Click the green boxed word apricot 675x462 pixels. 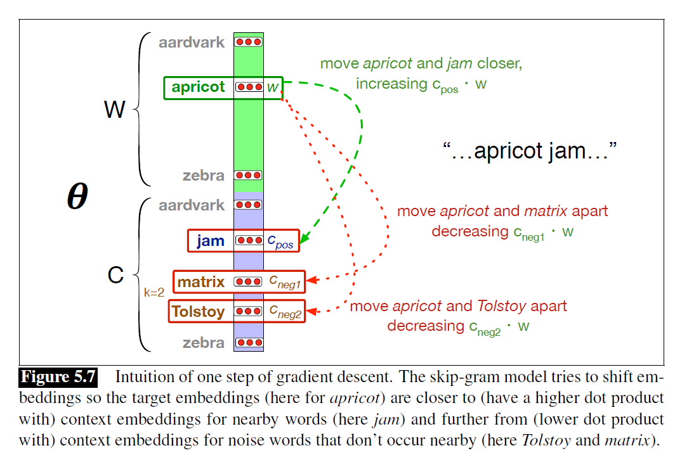point(199,87)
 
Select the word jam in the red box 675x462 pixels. point(210,241)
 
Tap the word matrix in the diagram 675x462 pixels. point(201,281)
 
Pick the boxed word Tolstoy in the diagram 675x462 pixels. point(198,311)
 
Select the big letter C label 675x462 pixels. point(115,276)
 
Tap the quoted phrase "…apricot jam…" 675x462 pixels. point(529,151)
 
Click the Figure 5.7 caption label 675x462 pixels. point(58,377)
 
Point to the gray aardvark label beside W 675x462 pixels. point(192,42)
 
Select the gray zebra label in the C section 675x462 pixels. point(204,343)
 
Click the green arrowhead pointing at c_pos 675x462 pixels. point(304,239)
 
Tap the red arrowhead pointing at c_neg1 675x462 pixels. point(312,279)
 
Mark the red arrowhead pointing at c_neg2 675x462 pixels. point(312,311)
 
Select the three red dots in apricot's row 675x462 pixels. point(249,87)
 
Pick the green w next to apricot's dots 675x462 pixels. point(273,87)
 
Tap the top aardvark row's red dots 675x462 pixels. point(249,42)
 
